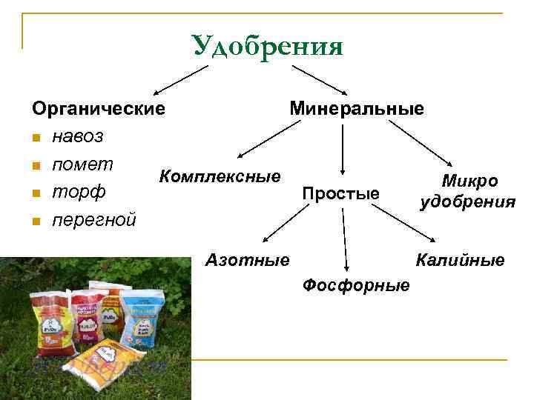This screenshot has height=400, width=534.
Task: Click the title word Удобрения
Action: (x=267, y=47)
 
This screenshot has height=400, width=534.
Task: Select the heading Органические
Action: (x=98, y=109)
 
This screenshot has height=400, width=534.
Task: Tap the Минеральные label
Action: (x=357, y=109)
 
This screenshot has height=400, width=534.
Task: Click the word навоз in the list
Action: (x=78, y=136)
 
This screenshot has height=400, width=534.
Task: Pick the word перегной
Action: (x=93, y=220)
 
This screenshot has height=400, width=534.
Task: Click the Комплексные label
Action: (x=220, y=176)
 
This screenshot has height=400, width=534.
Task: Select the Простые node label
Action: (x=341, y=194)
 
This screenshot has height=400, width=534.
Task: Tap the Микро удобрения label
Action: (x=468, y=191)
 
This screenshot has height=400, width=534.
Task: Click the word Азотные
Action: (x=247, y=260)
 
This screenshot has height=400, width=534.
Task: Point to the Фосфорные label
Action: (x=356, y=285)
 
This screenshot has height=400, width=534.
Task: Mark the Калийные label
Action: (x=460, y=260)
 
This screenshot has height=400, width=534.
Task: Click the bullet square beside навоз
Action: (x=36, y=138)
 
